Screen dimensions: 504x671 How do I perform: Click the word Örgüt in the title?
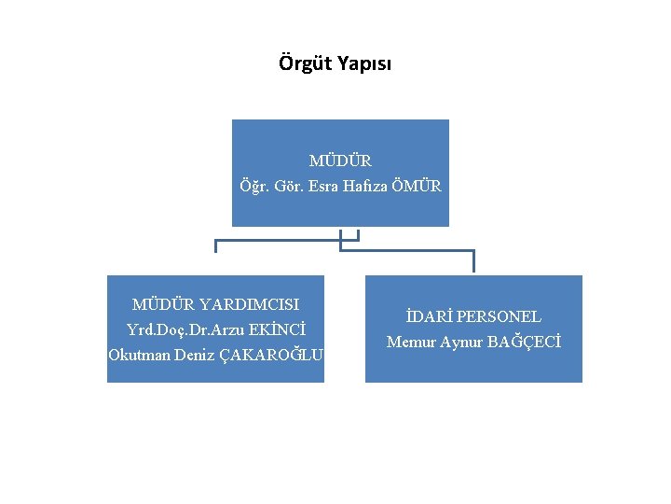coord(301,64)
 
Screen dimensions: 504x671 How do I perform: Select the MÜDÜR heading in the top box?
coord(340,161)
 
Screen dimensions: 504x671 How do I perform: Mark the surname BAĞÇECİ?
coord(525,342)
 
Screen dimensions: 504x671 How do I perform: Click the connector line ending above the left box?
coord(216,245)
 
